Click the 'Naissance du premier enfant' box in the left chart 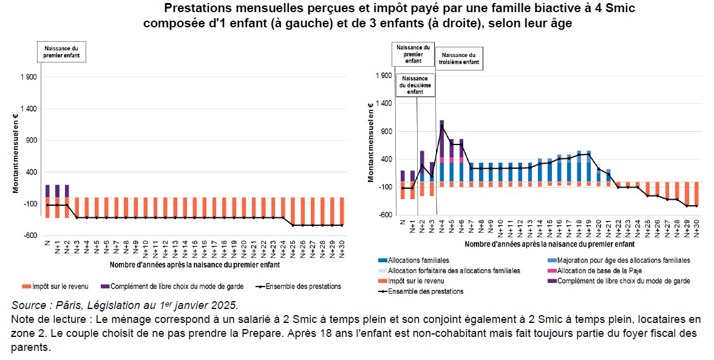click(x=61, y=52)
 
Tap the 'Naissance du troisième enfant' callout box click(x=458, y=58)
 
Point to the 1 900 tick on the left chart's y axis click(x=29, y=77)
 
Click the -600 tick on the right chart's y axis click(x=384, y=214)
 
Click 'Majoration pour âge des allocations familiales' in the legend click(x=619, y=260)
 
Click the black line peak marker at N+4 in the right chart click(x=441, y=126)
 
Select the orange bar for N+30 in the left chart click(x=341, y=211)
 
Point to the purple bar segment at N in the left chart click(x=48, y=191)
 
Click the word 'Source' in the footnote click(x=26, y=305)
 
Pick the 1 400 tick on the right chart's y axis click(x=384, y=103)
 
